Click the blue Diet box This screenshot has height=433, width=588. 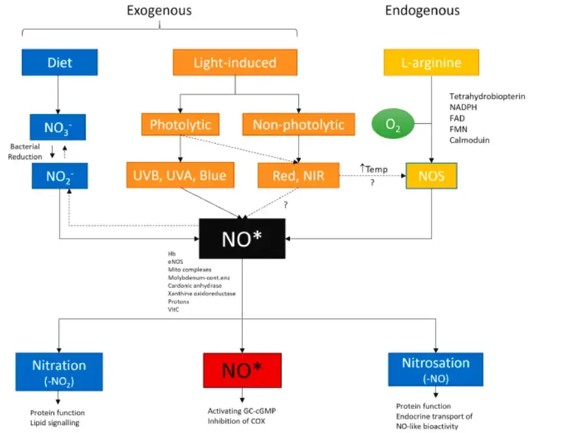pos(60,63)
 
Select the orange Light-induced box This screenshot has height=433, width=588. pos(235,63)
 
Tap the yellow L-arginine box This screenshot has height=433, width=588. pos(432,63)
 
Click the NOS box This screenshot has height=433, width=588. pos(432,176)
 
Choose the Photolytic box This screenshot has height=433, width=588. pos(180,124)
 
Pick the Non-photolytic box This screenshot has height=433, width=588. pos(299,124)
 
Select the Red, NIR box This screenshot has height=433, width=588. pos(298,175)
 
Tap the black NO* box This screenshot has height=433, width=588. pos(242,238)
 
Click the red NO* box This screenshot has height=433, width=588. pos(242,371)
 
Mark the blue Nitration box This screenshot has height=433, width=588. pos(59,371)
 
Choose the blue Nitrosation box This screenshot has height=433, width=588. pos(435,369)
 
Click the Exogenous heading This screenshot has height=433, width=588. pos(159,10)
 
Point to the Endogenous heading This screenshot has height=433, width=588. pos(423,10)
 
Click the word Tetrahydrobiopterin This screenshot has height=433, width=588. pos(487,97)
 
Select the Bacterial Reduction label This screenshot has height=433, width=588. pos(25,152)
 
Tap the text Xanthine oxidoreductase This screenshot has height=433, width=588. pos(201,294)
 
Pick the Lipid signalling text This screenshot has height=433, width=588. pos(55,423)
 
